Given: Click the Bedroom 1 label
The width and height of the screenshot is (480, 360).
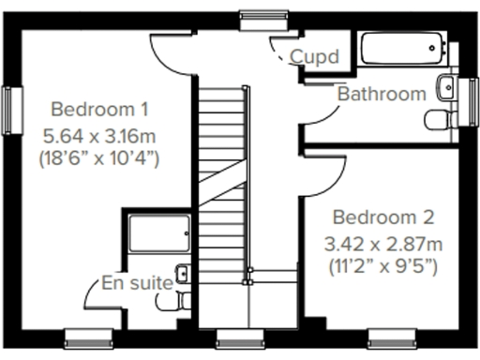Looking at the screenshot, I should pos(99,107).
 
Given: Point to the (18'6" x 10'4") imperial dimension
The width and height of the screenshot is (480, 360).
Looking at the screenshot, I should pos(99,157).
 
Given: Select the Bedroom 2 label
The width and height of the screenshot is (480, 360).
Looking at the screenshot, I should pos(383,217).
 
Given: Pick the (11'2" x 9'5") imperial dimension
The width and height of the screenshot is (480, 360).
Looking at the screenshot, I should pos(383,265).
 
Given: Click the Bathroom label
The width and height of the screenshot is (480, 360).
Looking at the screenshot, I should pos(382,94).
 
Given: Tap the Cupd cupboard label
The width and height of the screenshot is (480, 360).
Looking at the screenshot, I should pos(313,57).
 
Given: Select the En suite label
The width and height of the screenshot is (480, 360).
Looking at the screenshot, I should pos(137,281).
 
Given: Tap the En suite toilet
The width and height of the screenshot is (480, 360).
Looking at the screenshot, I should pos(172,303).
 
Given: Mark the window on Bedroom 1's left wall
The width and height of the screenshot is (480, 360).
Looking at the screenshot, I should pos(14,110).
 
